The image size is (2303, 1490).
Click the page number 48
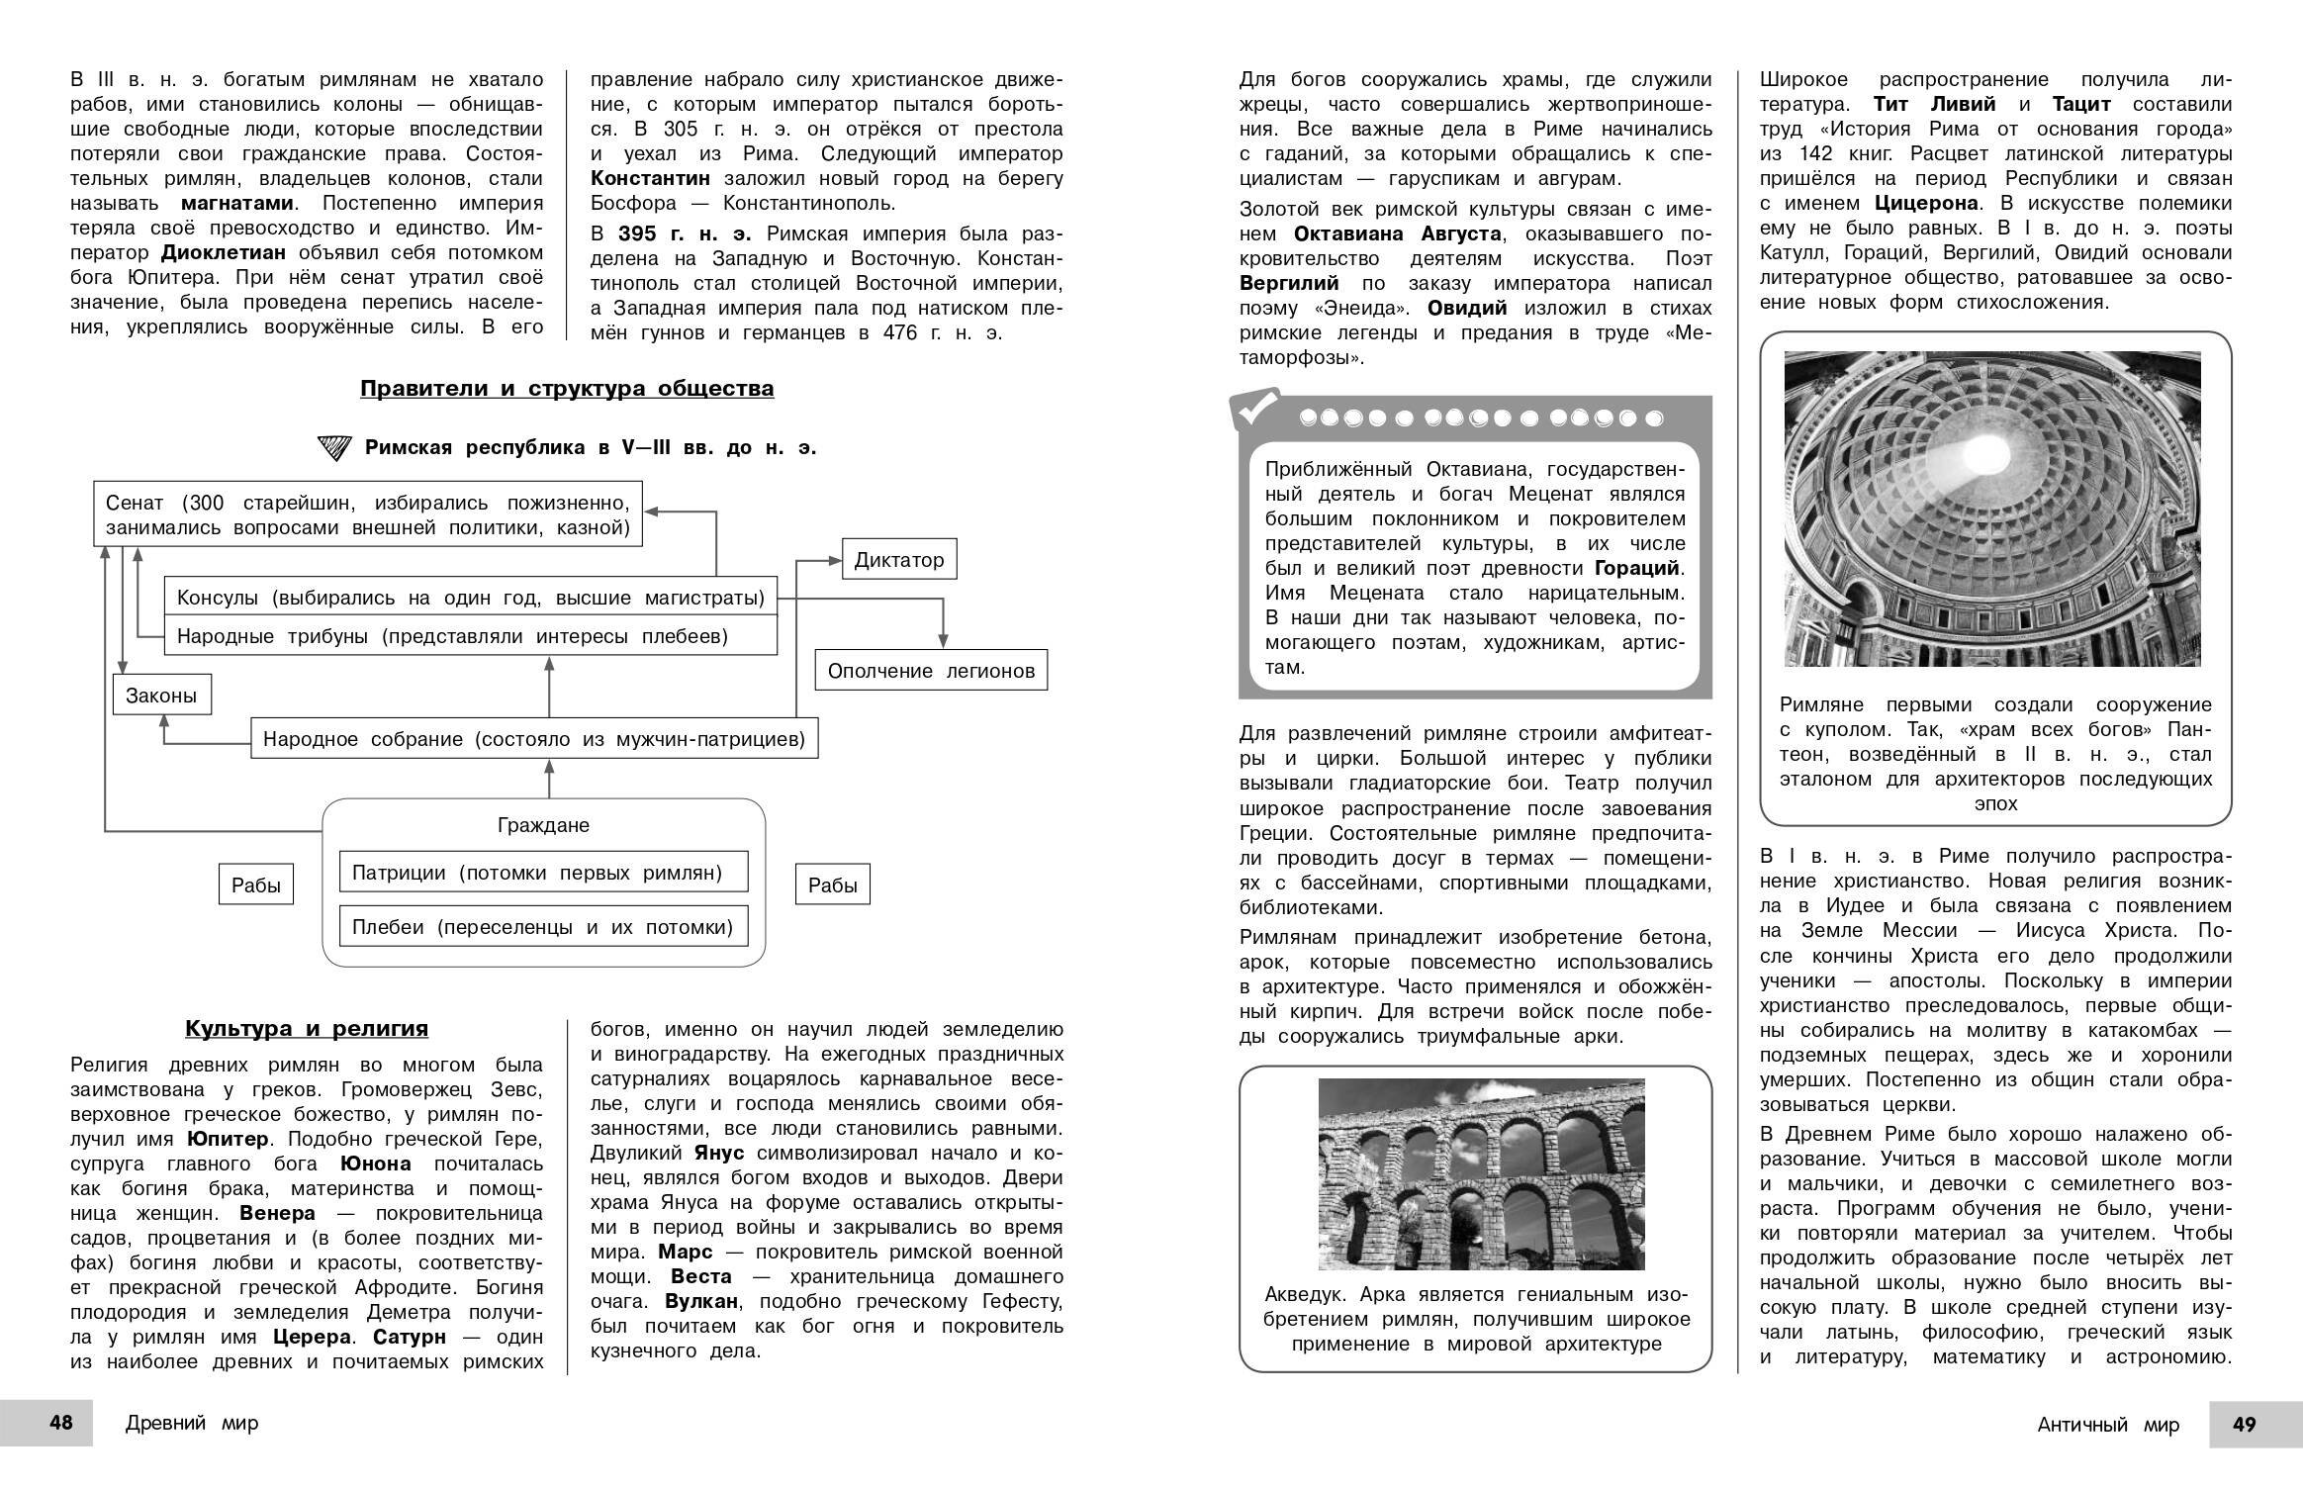[61, 1423]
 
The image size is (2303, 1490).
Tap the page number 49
[2245, 1424]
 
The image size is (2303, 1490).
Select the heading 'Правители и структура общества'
[567, 389]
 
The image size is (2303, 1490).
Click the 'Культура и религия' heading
[307, 1029]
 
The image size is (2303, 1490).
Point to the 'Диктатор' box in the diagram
[899, 560]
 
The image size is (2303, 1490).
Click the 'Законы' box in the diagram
[161, 696]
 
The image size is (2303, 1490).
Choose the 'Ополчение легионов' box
[931, 671]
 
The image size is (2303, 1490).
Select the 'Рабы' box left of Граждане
[256, 885]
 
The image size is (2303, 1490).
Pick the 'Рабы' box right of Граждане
[833, 885]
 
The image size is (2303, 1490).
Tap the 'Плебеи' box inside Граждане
[543, 927]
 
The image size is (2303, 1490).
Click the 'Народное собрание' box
[534, 739]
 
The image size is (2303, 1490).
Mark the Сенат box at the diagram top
[368, 514]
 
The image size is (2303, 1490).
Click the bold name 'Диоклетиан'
[224, 252]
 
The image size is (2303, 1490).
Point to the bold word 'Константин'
[651, 178]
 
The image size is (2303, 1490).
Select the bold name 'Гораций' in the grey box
[1637, 568]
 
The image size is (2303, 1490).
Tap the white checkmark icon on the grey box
[1254, 409]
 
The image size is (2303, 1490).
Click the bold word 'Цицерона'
[1926, 203]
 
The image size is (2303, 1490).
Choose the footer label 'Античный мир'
[2108, 1425]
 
